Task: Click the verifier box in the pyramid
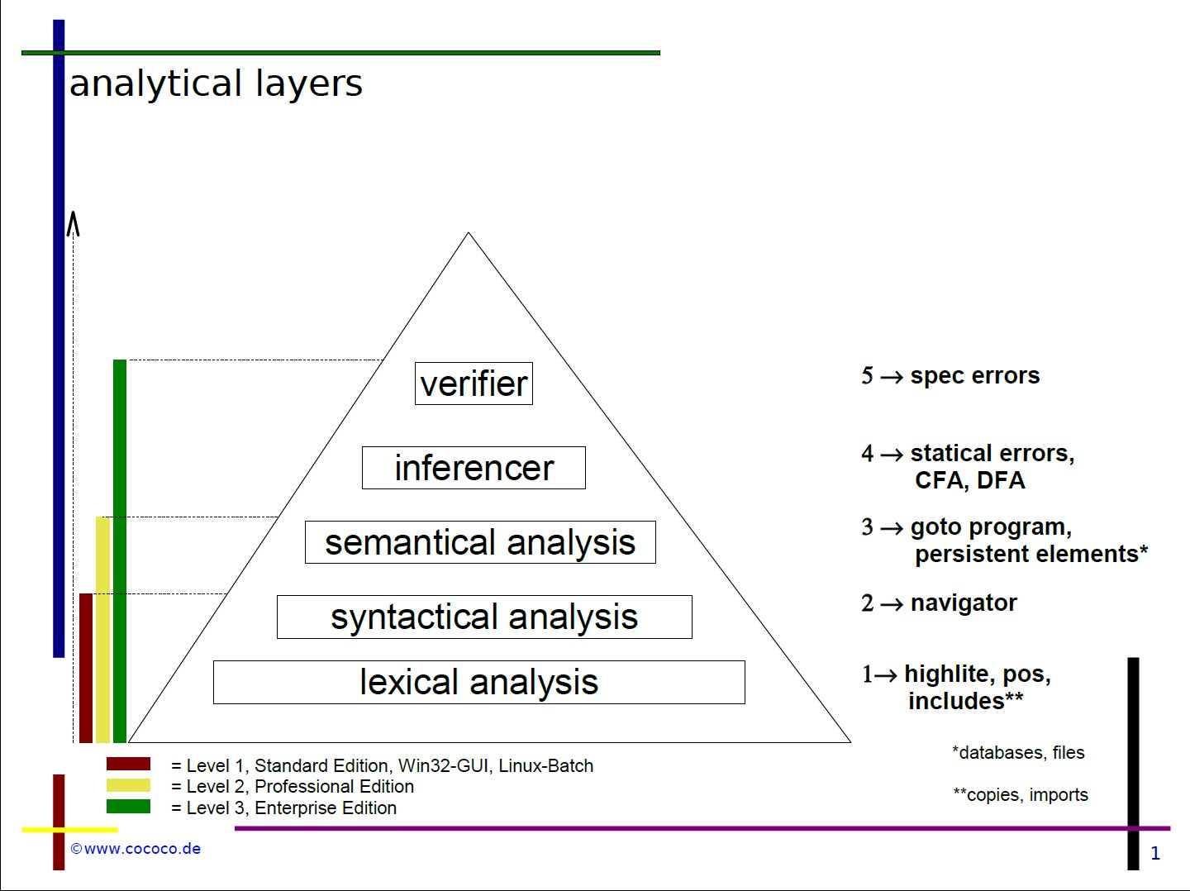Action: point(474,384)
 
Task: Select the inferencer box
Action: point(474,468)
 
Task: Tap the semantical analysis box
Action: point(480,542)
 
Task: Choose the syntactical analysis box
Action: point(484,617)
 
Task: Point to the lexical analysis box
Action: point(479,682)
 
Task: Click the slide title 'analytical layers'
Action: point(216,83)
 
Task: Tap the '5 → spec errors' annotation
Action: point(950,376)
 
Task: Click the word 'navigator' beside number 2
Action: point(964,603)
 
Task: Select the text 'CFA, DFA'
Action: point(969,480)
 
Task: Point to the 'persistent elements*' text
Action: point(1031,554)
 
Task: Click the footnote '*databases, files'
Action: point(1018,752)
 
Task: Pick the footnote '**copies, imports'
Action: point(1021,795)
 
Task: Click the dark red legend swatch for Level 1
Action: point(128,764)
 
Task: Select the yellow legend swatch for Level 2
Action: point(128,785)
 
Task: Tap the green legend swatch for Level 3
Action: point(128,806)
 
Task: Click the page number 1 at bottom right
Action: point(1155,854)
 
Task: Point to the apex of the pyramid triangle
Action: point(469,234)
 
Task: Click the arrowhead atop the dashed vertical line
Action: point(74,223)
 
